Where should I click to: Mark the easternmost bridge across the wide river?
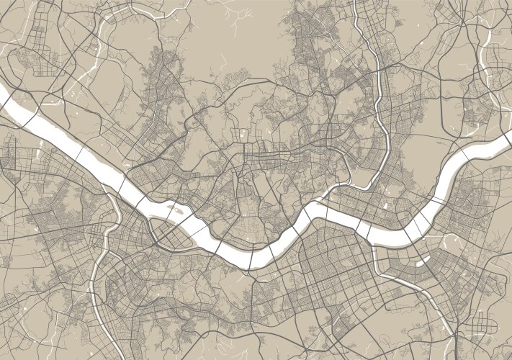(x=472, y=149)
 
